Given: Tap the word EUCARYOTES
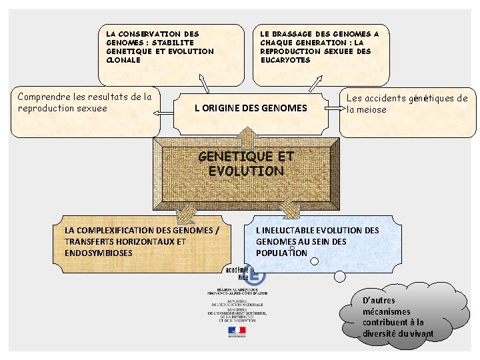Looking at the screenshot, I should [285, 59].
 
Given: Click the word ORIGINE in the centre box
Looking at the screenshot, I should [227, 108].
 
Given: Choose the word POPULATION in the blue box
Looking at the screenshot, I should [281, 253].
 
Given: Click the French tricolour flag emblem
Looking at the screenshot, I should [236, 330].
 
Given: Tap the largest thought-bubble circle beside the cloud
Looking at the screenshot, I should [339, 276].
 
